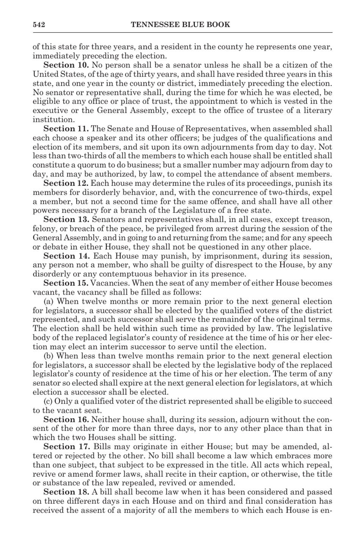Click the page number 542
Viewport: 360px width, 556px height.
tap(39, 25)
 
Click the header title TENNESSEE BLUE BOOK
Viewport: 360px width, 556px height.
tap(180, 25)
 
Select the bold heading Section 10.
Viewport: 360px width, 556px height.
tap(66, 65)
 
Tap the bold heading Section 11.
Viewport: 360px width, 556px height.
tap(66, 129)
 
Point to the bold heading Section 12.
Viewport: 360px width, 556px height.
tap(66, 184)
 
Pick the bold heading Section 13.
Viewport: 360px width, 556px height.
tap(66, 220)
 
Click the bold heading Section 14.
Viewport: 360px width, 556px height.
tap(66, 256)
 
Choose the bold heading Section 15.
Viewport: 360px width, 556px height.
tap(66, 283)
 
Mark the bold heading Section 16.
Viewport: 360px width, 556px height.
tap(66, 420)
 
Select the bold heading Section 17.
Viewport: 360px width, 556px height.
tap(66, 447)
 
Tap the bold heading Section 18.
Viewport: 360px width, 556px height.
tap(66, 492)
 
